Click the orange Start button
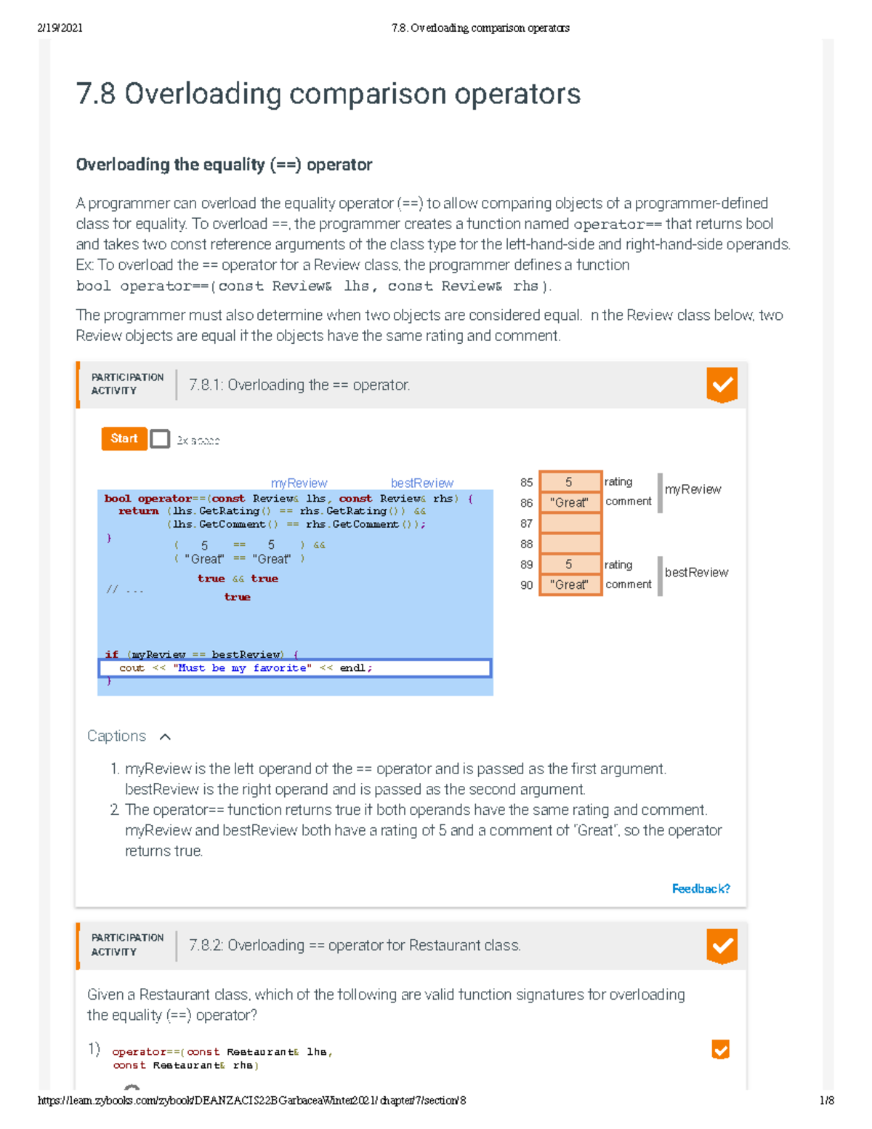[124, 438]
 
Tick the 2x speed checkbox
[160, 439]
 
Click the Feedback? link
[701, 888]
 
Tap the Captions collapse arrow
[165, 737]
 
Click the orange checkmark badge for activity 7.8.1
[722, 385]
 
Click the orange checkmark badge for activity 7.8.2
[722, 945]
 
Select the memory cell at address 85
[570, 482]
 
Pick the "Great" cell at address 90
[570, 584]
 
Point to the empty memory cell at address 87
[570, 523]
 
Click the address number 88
[526, 544]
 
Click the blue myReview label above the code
[299, 483]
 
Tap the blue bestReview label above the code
[421, 483]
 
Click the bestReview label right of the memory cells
[696, 572]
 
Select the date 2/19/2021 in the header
[60, 28]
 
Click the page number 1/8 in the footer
[827, 1101]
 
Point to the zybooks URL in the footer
[251, 1101]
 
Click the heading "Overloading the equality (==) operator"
[224, 165]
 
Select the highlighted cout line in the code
[294, 668]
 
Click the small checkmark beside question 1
[720, 1049]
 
